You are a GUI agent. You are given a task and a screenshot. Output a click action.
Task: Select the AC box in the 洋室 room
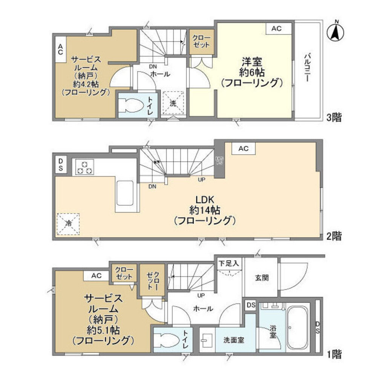(279, 29)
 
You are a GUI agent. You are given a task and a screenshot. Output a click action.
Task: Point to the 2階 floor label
(334, 236)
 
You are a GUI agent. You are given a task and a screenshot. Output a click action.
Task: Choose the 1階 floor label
(334, 354)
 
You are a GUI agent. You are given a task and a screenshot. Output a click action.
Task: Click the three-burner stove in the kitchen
(85, 167)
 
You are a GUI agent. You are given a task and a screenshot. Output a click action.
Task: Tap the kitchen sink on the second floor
(125, 193)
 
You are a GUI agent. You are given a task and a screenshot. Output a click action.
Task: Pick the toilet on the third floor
(130, 105)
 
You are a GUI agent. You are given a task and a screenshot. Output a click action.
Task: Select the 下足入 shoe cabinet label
(229, 263)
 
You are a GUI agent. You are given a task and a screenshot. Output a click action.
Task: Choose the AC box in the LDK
(243, 149)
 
